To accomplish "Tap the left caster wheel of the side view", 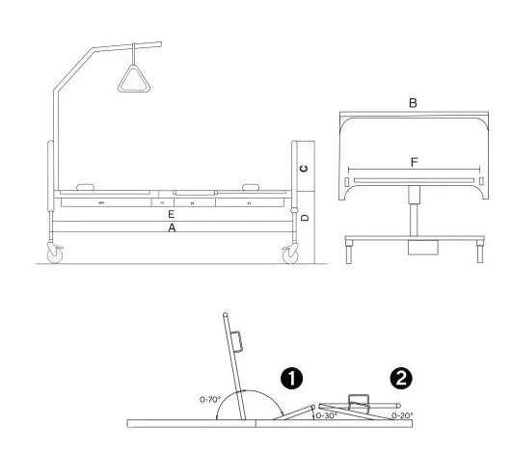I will [x=53, y=254].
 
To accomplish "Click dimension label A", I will [x=173, y=228].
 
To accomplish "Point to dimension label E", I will [x=171, y=214].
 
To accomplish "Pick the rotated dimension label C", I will [x=304, y=168].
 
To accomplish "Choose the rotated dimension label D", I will [x=304, y=218].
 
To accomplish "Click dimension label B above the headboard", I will [x=412, y=102].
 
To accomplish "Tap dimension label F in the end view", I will [x=414, y=163].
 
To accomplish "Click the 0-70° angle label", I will [x=210, y=398].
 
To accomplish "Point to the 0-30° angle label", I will [x=327, y=416].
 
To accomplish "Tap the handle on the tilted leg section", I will [x=359, y=399].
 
